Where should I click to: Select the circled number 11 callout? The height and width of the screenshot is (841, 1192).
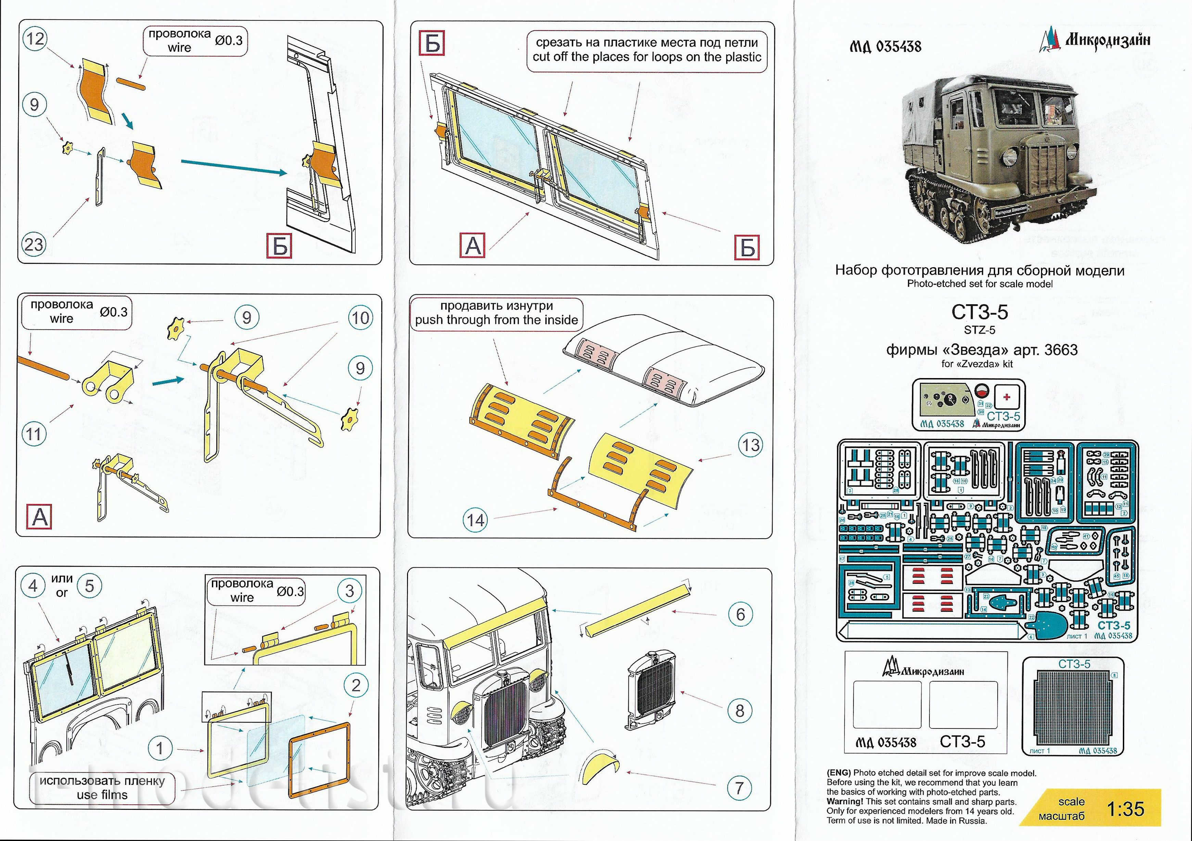coord(34,433)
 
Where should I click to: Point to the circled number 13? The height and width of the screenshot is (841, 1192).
coord(750,445)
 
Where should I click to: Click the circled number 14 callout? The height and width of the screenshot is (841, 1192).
coord(475,520)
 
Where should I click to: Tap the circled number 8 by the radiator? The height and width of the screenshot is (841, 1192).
coord(740,711)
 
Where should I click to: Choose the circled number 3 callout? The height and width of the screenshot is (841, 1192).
coord(350,591)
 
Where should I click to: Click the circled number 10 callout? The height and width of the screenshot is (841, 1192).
coord(360,318)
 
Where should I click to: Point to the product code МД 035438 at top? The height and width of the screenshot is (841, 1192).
coord(885,47)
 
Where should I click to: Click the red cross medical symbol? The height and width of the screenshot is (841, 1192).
coord(1007,398)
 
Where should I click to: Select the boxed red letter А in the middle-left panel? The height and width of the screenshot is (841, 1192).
coord(40,517)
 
